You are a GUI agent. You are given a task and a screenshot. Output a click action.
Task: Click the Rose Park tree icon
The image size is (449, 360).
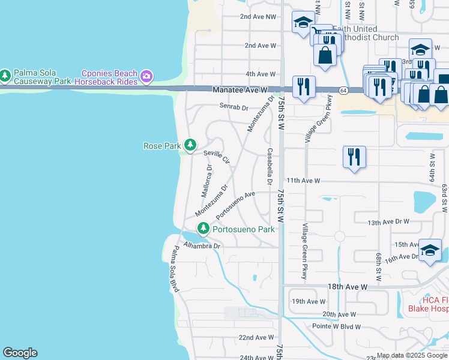190,145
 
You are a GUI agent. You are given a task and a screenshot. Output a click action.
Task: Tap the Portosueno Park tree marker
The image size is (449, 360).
203,229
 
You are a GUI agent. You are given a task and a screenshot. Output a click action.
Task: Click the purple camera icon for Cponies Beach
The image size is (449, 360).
146,76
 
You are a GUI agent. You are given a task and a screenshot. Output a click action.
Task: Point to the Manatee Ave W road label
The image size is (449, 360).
239,90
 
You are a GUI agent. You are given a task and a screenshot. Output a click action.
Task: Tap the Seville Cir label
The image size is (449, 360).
217,157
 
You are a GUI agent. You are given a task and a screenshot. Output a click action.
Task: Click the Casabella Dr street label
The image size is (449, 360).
270,166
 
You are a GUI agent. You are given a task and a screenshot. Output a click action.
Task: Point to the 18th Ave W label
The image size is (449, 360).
348,287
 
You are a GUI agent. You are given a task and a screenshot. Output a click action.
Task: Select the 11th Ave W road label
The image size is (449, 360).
303,180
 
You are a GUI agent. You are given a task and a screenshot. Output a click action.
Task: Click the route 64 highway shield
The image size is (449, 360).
343,90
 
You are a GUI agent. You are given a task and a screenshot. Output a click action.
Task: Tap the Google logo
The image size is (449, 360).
20,353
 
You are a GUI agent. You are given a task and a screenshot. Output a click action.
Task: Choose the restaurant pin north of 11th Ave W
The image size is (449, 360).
354,157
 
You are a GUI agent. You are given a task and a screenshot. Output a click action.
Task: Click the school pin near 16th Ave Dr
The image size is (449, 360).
430,250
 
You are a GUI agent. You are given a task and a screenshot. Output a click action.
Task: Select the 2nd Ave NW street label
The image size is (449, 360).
258,17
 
